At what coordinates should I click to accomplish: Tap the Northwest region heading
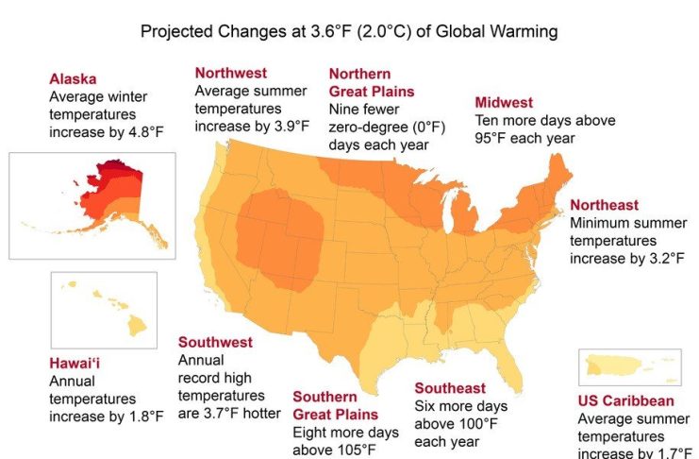tap(230, 73)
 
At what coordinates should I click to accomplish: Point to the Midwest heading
tap(504, 102)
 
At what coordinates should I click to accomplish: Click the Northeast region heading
tap(604, 205)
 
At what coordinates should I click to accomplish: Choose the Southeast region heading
tap(450, 388)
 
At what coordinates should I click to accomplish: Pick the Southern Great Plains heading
tap(335, 405)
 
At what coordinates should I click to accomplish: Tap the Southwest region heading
tap(215, 341)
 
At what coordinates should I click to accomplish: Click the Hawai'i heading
tap(79, 363)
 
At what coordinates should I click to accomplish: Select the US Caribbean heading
tap(625, 400)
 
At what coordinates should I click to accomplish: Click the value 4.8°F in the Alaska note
tap(143, 132)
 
